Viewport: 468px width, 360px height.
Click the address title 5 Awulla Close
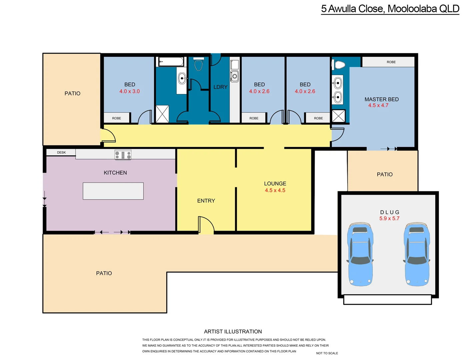[390, 9]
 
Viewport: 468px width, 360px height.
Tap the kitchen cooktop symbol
[123, 155]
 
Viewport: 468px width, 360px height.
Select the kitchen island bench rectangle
[113, 191]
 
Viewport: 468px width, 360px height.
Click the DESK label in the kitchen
[61, 153]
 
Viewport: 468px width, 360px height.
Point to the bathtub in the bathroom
[171, 62]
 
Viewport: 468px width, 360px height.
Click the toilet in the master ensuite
[339, 64]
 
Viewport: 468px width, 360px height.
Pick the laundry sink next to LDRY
[235, 76]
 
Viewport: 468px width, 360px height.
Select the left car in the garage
[360, 254]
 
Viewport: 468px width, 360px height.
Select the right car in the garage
[417, 254]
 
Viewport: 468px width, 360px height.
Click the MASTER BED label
[381, 99]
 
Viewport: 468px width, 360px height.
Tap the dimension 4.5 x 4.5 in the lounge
[275, 190]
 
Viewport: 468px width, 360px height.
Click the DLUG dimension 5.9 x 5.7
[389, 219]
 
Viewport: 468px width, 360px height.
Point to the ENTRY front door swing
[206, 225]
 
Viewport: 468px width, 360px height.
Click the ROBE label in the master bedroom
[391, 62]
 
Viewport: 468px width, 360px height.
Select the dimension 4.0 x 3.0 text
[129, 91]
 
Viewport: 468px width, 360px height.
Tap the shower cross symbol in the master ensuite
[338, 116]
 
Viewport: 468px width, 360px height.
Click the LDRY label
[220, 87]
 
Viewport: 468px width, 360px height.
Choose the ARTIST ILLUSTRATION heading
[233, 332]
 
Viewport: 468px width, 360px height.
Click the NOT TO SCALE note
[327, 353]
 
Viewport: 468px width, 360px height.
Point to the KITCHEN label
[115, 173]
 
